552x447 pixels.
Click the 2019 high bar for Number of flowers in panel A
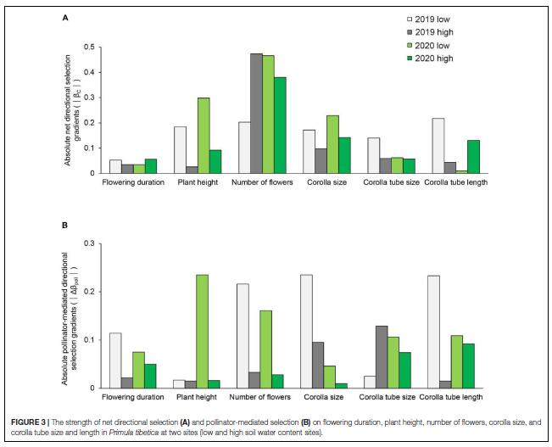[x=256, y=114]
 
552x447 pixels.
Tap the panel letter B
[x=65, y=226]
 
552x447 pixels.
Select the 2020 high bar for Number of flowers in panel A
[x=280, y=126]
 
